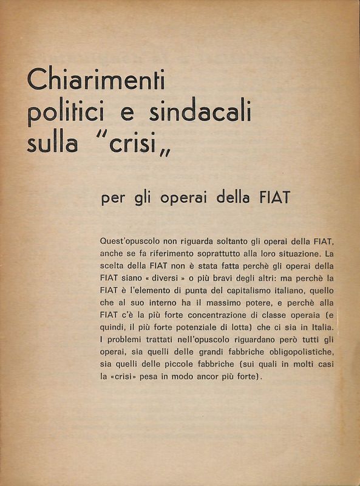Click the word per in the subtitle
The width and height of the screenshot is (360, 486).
pyautogui.click(x=112, y=199)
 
